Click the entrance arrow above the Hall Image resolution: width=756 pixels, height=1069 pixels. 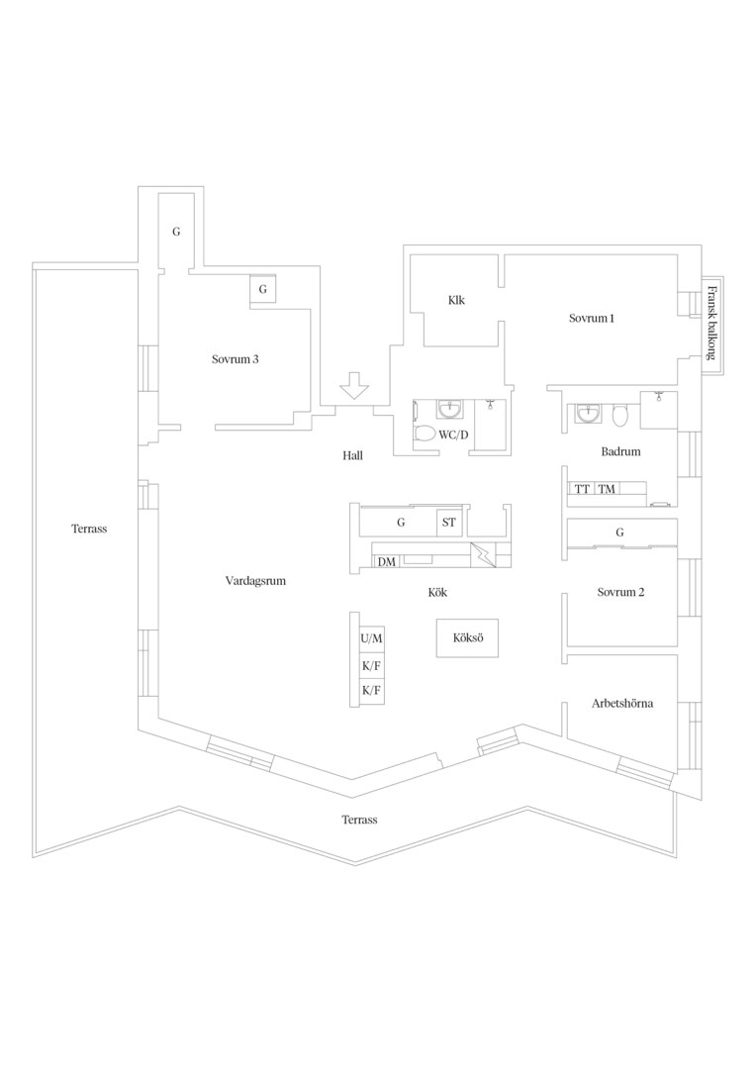point(354,385)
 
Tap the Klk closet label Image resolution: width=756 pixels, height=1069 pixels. point(456,300)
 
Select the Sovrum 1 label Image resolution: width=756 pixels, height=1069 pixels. point(592,319)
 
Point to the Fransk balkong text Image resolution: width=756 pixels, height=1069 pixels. point(711,322)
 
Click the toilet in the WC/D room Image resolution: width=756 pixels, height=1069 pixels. point(425,434)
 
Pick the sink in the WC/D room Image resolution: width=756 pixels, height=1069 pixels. point(448,409)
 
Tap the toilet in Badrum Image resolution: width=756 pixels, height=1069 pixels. point(619,415)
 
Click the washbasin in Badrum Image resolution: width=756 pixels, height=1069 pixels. point(588,414)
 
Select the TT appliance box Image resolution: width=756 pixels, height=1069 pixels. point(582,489)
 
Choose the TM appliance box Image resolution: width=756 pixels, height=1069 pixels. point(607,489)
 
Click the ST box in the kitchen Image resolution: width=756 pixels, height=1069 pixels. point(449,523)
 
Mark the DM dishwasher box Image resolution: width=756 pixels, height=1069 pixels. point(387,562)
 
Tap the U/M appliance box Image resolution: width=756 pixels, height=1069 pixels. point(371,638)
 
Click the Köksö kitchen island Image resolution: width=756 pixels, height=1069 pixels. point(468,638)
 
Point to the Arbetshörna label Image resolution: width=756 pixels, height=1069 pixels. point(621,704)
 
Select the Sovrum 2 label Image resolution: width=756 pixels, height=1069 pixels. point(620,593)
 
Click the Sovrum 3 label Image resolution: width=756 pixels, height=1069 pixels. point(236,359)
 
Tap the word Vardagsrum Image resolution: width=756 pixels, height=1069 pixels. point(255,582)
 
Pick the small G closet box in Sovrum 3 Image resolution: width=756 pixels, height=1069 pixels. point(263,289)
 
